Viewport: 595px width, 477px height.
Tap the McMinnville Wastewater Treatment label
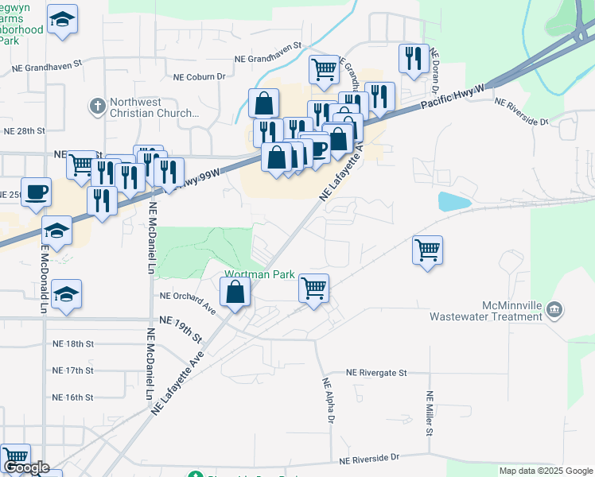pyautogui.click(x=485, y=311)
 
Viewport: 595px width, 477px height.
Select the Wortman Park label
pyautogui.click(x=259, y=274)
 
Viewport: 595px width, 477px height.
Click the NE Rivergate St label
pyautogui.click(x=376, y=372)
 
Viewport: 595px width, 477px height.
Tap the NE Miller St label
pyautogui.click(x=430, y=413)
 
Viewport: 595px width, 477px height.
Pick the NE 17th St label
pyautogui.click(x=73, y=370)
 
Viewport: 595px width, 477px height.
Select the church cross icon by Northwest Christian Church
pyautogui.click(x=98, y=106)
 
